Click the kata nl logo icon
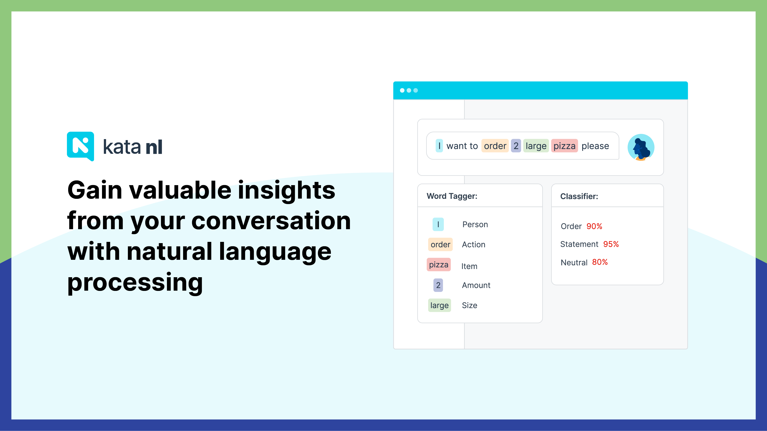pos(80,146)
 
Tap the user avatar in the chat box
pos(641,147)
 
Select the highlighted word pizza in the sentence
pos(564,146)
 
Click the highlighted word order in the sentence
pos(495,146)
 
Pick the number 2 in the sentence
pos(516,146)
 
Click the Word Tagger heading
pos(452,196)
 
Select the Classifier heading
pos(579,196)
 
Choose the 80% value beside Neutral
pos(600,262)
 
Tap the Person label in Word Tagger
pos(475,224)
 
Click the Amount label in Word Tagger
pos(476,285)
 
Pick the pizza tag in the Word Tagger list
pos(439,265)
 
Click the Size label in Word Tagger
pos(469,305)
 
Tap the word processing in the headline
pos(135,283)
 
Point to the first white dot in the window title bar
pos(402,90)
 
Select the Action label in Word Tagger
pos(474,245)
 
